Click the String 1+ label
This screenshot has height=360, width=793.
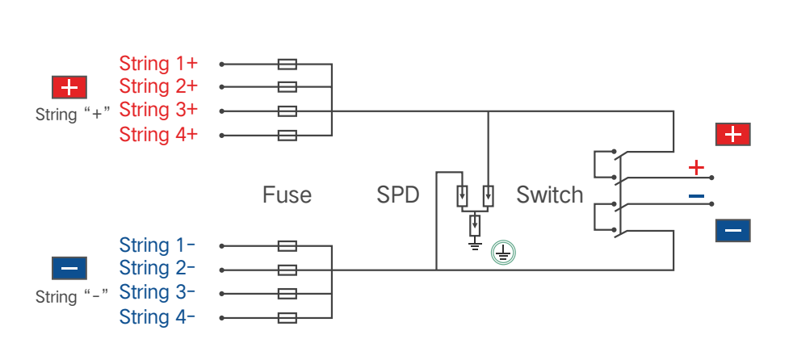click(x=158, y=64)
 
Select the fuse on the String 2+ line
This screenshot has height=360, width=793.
click(x=287, y=87)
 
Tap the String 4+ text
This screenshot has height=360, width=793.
click(x=158, y=135)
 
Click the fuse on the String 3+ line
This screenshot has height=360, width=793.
click(x=287, y=111)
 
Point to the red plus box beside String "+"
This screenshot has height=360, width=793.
click(x=69, y=87)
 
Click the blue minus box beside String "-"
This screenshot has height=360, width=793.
click(x=69, y=268)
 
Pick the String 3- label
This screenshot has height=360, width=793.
click(x=157, y=292)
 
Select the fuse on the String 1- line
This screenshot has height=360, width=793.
click(x=287, y=246)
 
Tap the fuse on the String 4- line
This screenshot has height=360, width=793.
click(x=287, y=318)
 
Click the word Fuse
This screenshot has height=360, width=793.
click(x=287, y=195)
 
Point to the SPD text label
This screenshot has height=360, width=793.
click(x=398, y=195)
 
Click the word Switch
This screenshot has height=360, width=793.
click(x=549, y=195)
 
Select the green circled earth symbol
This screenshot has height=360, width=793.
click(x=503, y=253)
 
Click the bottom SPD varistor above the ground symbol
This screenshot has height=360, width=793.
click(x=474, y=225)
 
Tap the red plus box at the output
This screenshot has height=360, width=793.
click(x=732, y=134)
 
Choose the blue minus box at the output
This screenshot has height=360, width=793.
click(x=732, y=231)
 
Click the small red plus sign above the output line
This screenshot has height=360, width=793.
click(x=696, y=167)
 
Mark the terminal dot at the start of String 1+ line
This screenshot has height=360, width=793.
click(x=221, y=65)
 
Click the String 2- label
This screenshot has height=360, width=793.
click(x=157, y=268)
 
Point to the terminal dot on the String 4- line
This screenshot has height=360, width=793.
click(x=221, y=318)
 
